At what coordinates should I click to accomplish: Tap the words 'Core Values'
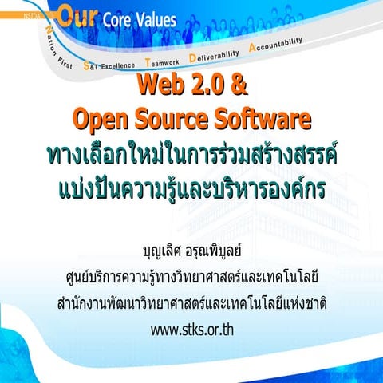[132, 19]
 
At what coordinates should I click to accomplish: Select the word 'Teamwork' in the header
[165, 61]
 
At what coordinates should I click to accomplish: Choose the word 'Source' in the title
[180, 119]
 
